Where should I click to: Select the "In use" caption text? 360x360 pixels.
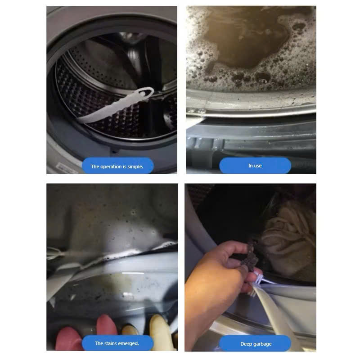[x=255, y=166]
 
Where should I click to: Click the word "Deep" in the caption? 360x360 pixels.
[x=246, y=344]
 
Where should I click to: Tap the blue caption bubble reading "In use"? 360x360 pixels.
[x=255, y=166]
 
